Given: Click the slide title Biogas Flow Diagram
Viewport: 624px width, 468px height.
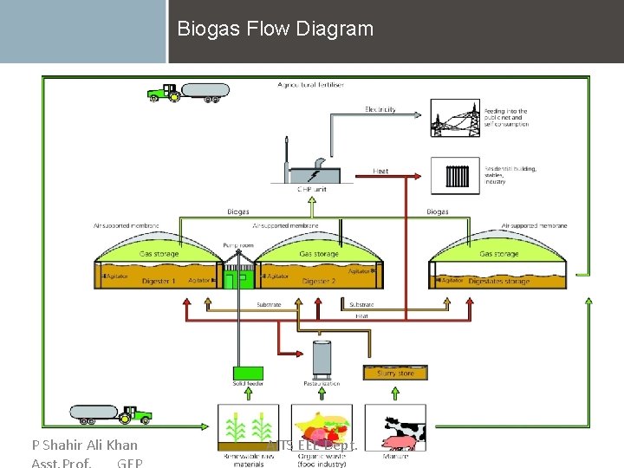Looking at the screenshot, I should (x=275, y=29).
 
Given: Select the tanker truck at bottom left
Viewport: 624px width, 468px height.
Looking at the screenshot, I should (x=110, y=414).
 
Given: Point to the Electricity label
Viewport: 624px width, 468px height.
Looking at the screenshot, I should (x=380, y=109).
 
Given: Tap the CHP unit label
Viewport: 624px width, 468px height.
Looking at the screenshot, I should (x=310, y=189).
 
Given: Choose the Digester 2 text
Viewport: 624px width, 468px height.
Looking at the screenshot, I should (x=318, y=281).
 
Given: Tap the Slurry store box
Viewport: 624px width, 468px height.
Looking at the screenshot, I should (x=395, y=373).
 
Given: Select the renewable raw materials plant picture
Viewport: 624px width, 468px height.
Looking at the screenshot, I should (x=247, y=426).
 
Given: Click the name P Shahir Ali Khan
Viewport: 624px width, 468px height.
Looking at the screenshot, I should (x=84, y=445).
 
